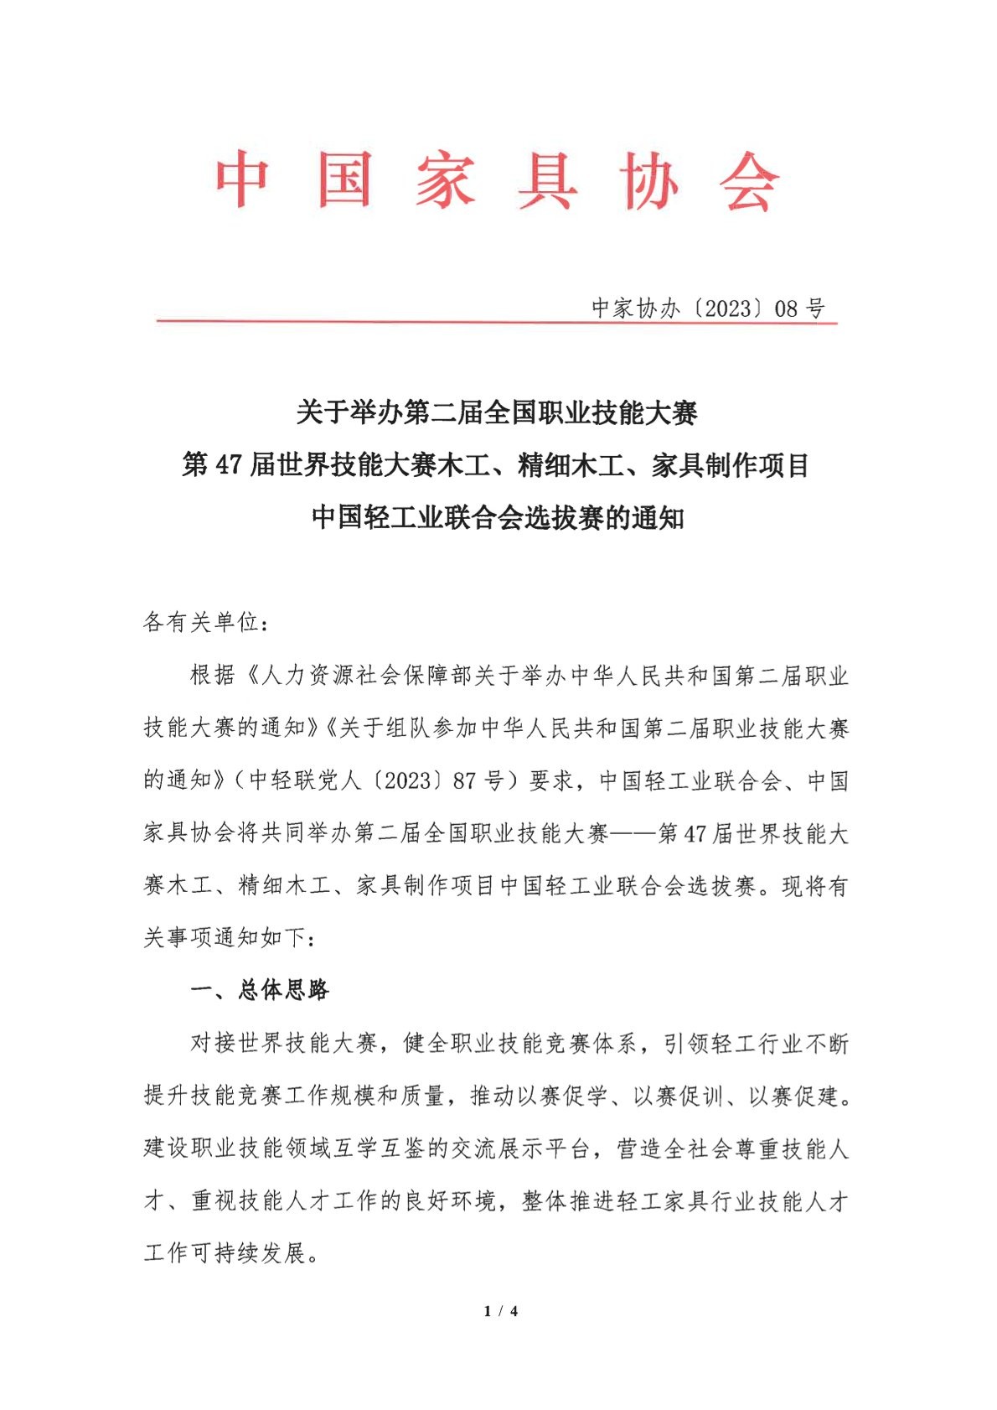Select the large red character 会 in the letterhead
749,180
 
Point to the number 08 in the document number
786,309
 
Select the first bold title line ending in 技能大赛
497,412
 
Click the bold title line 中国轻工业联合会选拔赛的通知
497,517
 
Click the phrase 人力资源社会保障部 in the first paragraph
368,676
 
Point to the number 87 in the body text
464,781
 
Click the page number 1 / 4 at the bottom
501,1311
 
